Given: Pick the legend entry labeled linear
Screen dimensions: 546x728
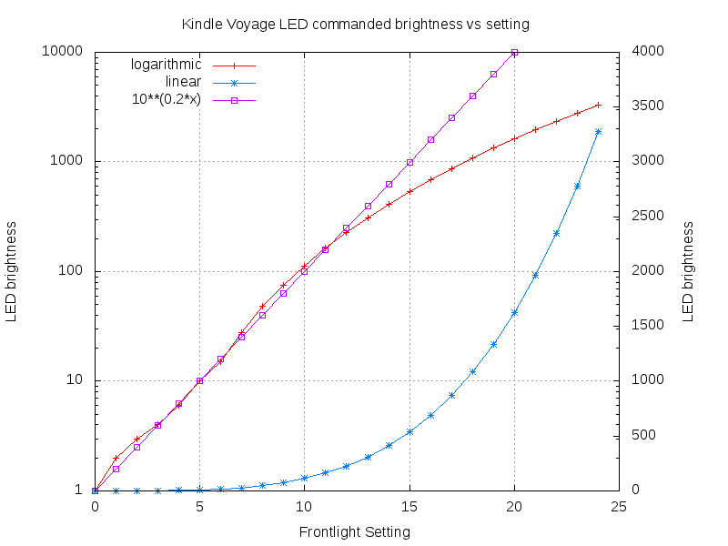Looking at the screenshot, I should coord(183,82).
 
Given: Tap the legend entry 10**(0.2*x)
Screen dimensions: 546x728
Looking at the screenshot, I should coord(167,99).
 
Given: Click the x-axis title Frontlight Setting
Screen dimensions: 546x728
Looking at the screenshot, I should coord(355,531).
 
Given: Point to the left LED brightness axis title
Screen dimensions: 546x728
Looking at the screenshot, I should coord(13,271).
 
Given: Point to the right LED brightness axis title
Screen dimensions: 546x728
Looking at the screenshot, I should coord(688,271).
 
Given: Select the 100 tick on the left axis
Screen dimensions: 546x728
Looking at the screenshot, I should coord(72,271).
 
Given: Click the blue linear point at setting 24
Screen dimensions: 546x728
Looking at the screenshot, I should coord(598,131).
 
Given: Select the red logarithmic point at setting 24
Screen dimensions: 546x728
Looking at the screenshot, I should coord(598,105).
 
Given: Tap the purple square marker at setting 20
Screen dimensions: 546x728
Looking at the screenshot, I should coord(514,53).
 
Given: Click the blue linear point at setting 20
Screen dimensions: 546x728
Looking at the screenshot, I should coord(514,312).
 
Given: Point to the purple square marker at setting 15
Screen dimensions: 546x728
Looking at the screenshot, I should coord(409,162).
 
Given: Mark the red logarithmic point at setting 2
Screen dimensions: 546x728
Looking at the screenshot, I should coord(136,439).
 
